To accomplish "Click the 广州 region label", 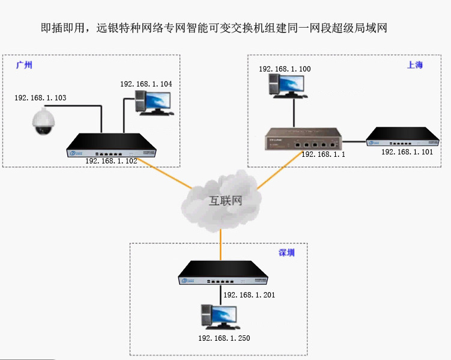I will [x=24, y=66].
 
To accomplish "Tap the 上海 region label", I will [x=415, y=65].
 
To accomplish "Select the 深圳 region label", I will [x=286, y=252].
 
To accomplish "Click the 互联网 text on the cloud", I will [x=225, y=201].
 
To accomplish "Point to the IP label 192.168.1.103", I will [x=40, y=97].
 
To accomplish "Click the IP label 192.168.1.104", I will [x=146, y=84].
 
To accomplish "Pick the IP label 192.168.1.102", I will [x=111, y=161].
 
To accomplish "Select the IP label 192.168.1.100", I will [x=285, y=69].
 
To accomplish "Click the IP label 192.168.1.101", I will [x=407, y=152].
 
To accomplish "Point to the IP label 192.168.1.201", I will [x=249, y=295].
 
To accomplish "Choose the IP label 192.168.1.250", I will [x=224, y=338].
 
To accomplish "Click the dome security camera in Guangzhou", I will [x=44, y=120].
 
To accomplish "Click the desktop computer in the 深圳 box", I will [x=219, y=317].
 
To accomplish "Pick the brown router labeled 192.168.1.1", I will [x=303, y=139].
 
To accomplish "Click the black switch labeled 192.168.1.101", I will [x=404, y=137].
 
